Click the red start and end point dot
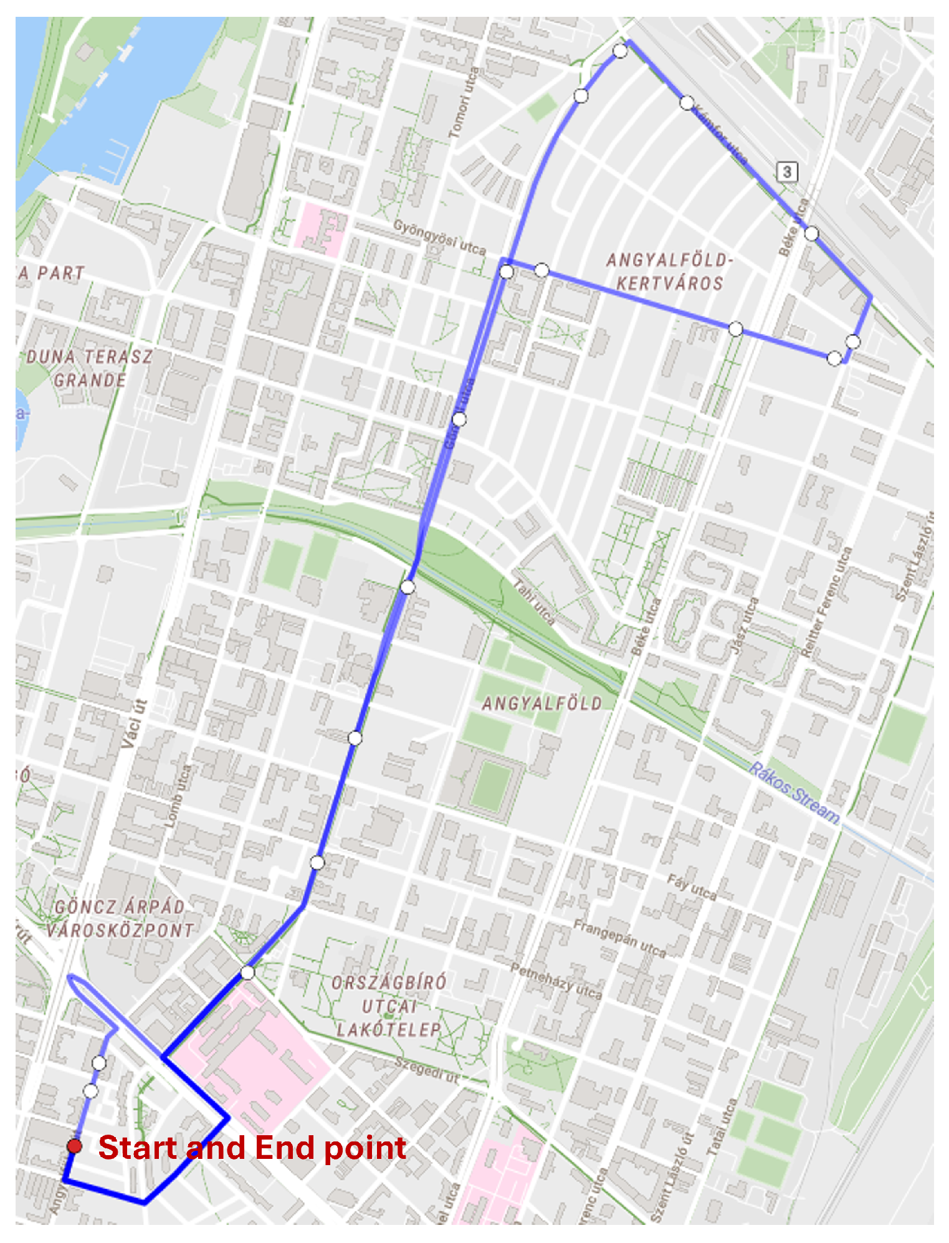coord(74,1146)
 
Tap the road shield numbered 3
coord(787,171)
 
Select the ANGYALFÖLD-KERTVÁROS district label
coord(670,272)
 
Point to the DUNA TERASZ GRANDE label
coord(90,368)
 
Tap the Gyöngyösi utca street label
coord(439,237)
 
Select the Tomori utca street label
coord(464,103)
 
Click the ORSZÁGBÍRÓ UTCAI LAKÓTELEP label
coord(389,1006)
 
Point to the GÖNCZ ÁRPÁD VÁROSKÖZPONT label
coord(119,918)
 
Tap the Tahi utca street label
coord(533,601)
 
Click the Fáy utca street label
coord(692,887)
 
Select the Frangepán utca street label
coord(619,938)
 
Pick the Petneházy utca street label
coord(556,981)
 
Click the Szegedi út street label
coord(427,1069)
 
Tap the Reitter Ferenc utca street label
coord(826,602)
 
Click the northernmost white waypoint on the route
coord(620,51)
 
